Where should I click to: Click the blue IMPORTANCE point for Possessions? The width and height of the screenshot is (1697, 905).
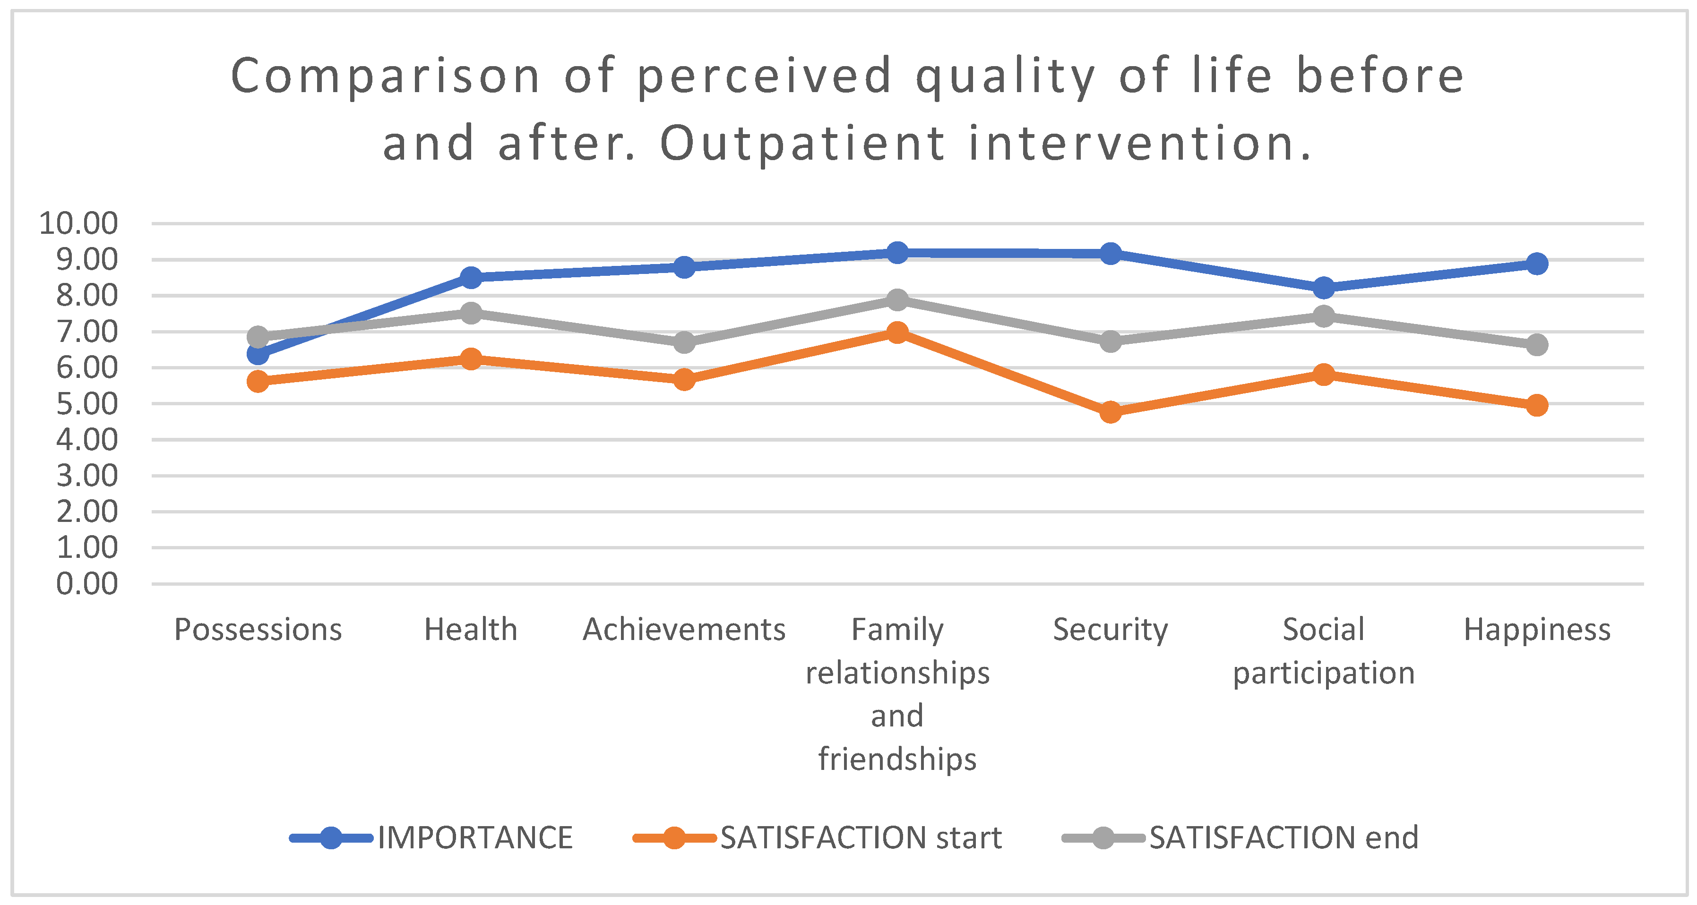pyautogui.click(x=258, y=354)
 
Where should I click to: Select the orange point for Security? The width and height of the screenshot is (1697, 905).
pyautogui.click(x=1111, y=412)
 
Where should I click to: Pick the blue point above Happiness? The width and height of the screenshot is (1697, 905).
pyautogui.click(x=1537, y=264)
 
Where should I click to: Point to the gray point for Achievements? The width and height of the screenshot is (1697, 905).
pyautogui.click(x=684, y=342)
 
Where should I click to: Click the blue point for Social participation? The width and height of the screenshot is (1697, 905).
pyautogui.click(x=1324, y=288)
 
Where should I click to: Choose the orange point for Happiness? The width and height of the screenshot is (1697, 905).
pyautogui.click(x=1537, y=405)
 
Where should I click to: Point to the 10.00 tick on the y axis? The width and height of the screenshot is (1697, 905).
pyautogui.click(x=78, y=223)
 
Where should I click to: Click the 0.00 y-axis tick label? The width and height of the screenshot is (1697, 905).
pyautogui.click(x=87, y=583)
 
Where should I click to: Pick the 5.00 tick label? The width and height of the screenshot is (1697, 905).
pyautogui.click(x=87, y=404)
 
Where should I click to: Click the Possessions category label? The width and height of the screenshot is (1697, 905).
pyautogui.click(x=258, y=630)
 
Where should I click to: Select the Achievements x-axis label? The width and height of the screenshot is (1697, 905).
pyautogui.click(x=684, y=630)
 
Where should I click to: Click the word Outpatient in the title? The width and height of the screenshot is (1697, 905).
pyautogui.click(x=803, y=144)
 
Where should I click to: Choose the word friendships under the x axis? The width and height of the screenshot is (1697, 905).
pyautogui.click(x=897, y=759)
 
